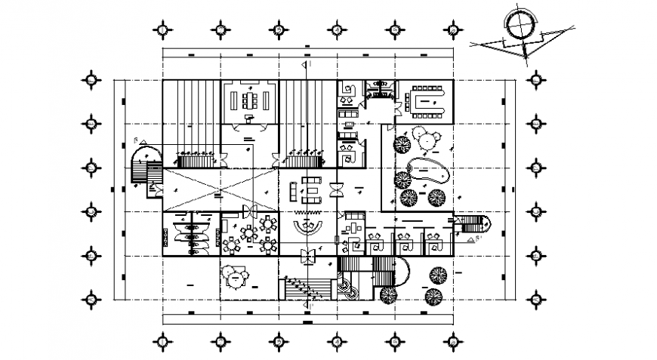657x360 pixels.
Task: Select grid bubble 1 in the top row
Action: (162, 30)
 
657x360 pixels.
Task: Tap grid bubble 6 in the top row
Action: (452, 30)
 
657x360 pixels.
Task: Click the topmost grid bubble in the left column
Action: (91, 78)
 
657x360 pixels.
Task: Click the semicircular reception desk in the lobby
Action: (309, 227)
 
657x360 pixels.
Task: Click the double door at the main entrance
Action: (307, 256)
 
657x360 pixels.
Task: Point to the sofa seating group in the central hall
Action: (310, 189)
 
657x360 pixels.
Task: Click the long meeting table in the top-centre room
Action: (250, 100)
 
